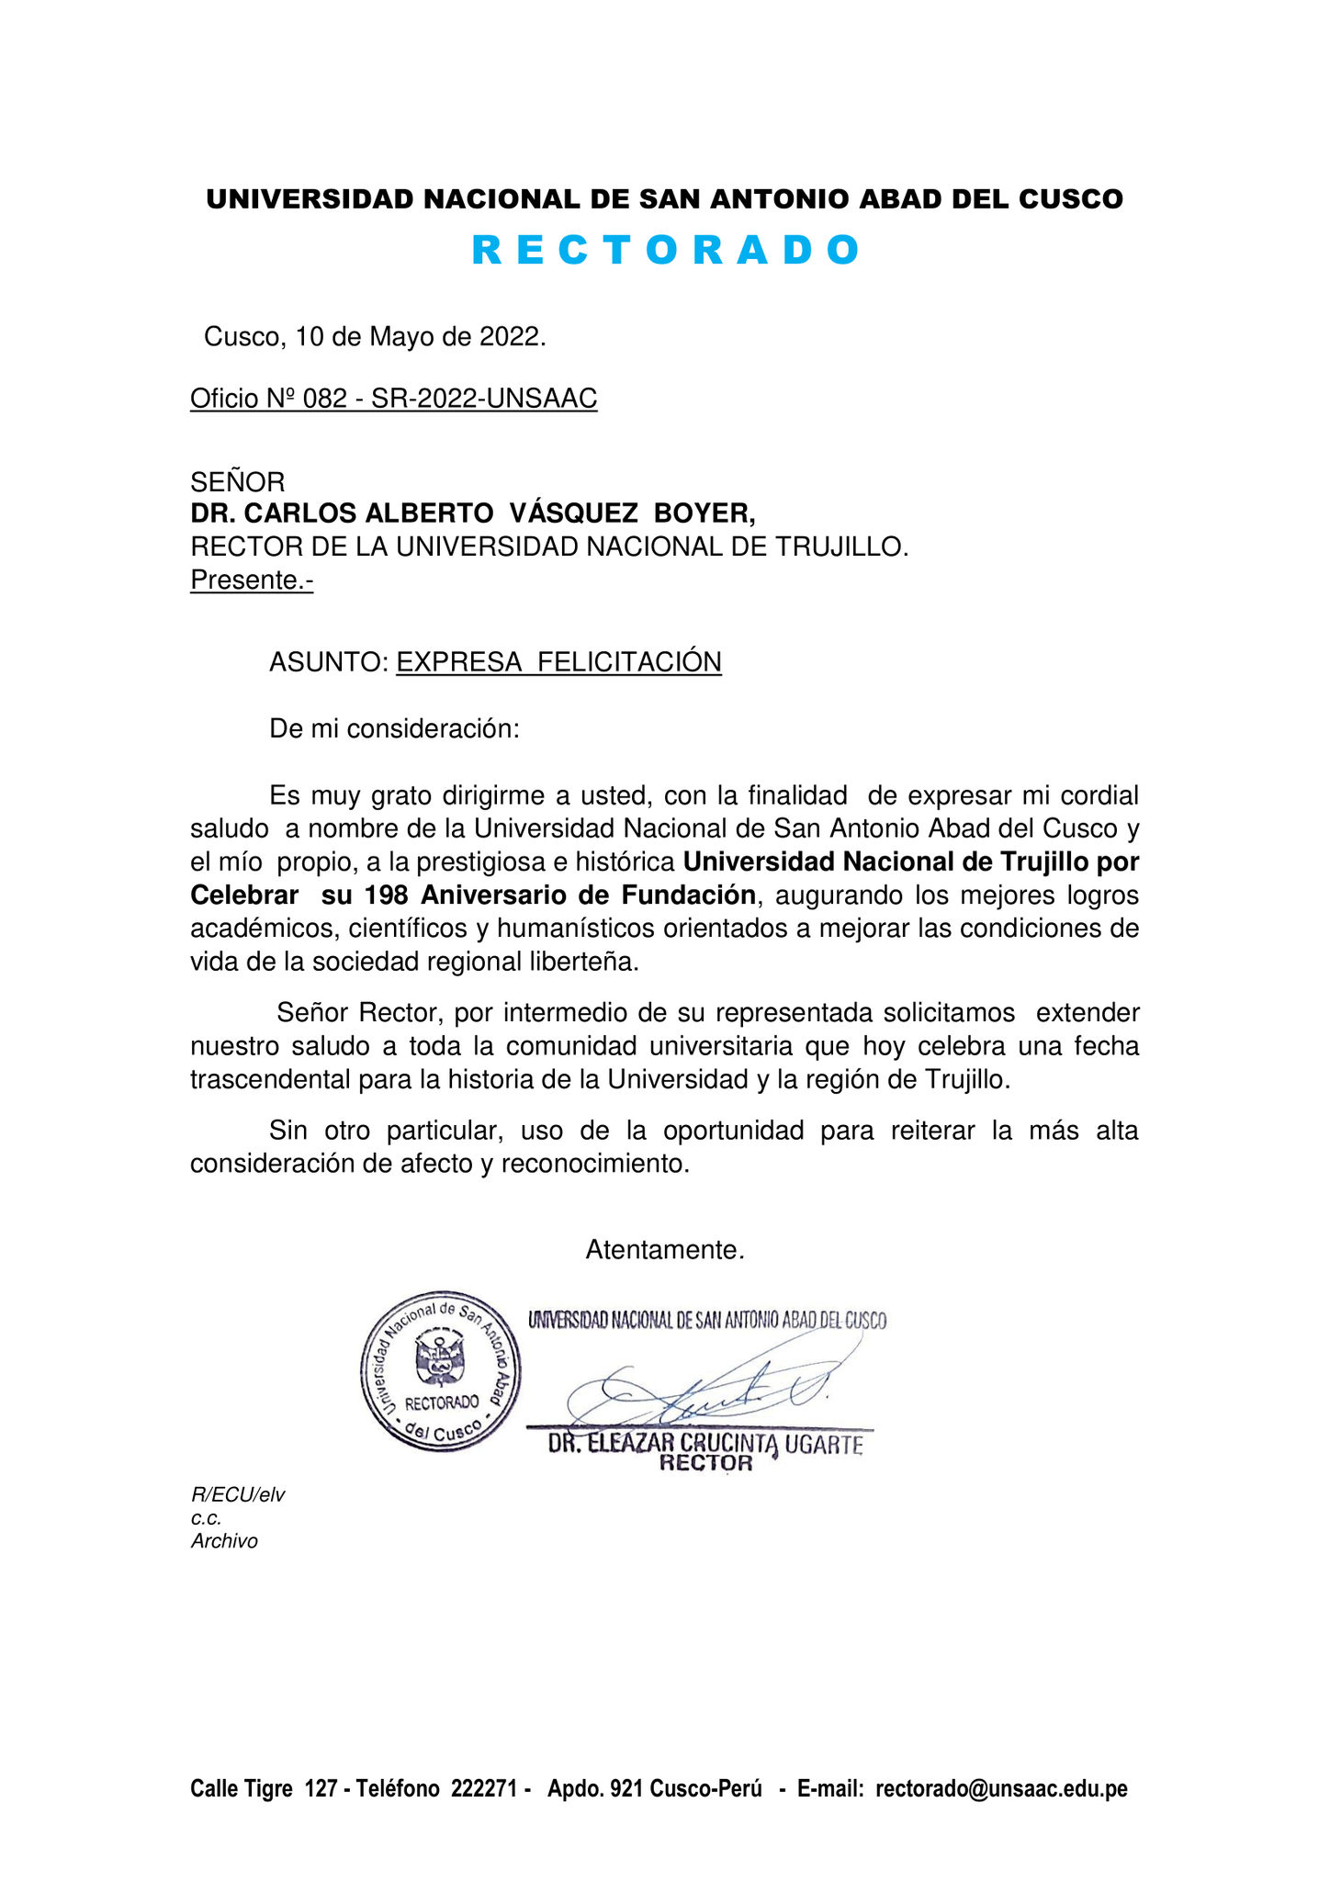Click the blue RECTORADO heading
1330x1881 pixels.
(665, 251)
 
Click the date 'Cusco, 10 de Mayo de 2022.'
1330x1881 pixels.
(375, 337)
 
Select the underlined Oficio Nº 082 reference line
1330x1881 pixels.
(393, 399)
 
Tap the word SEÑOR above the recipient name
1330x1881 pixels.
(237, 481)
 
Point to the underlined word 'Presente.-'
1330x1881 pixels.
(252, 580)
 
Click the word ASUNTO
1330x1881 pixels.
(329, 662)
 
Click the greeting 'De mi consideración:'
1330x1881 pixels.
(394, 729)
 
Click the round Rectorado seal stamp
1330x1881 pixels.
(441, 1370)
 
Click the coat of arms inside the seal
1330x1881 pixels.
(440, 1358)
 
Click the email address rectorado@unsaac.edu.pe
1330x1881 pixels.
(1001, 1789)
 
